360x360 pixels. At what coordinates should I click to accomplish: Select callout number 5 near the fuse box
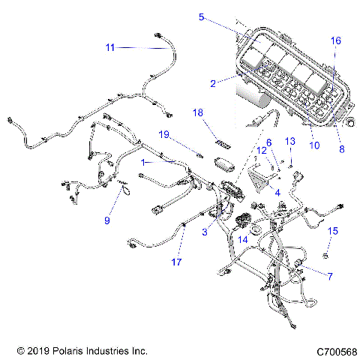201,16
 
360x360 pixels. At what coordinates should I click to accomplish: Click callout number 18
198,112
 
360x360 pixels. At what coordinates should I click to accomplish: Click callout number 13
290,141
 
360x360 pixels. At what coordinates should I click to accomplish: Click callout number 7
329,276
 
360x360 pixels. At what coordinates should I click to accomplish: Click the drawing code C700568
335,350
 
